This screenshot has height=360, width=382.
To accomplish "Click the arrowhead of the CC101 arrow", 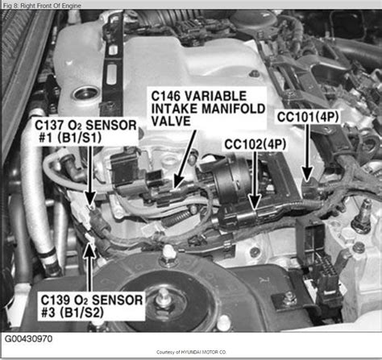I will (x=306, y=176).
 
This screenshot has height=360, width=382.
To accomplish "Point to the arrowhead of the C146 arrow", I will (x=171, y=191).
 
